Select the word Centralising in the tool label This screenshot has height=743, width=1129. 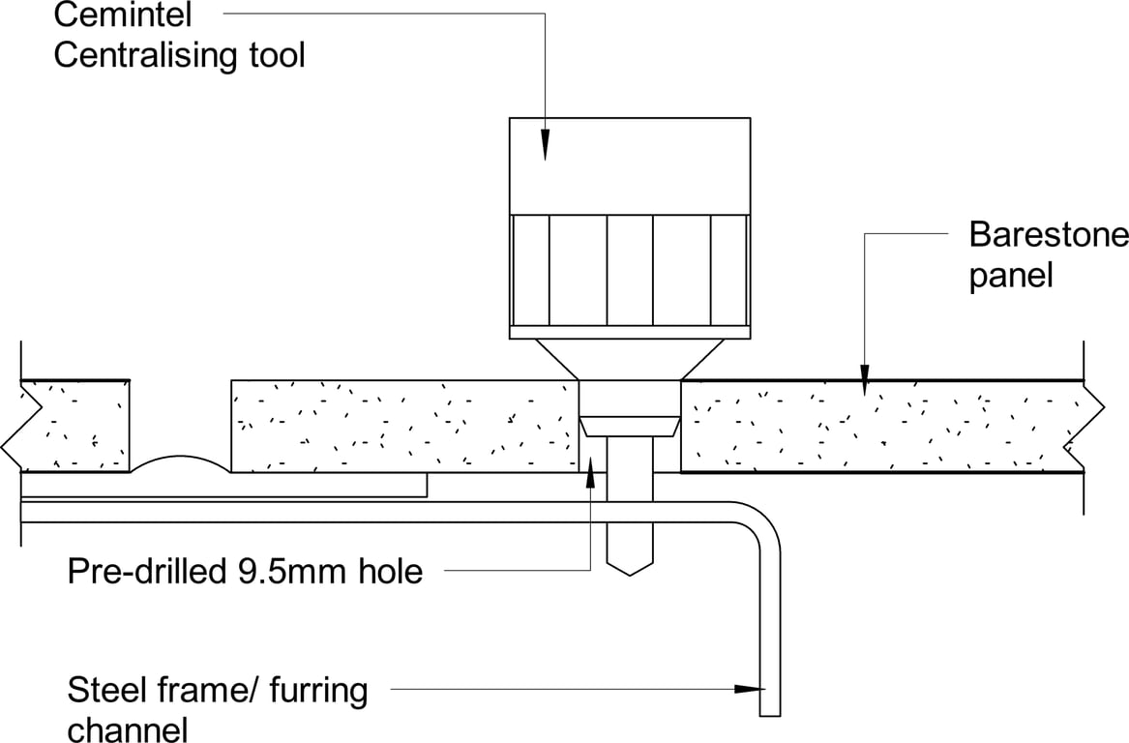[x=142, y=55]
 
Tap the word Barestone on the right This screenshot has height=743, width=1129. [x=1048, y=235]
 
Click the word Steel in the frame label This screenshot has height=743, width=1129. [x=106, y=691]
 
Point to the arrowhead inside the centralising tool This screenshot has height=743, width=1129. [x=545, y=145]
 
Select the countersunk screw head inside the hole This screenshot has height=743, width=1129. [x=629, y=426]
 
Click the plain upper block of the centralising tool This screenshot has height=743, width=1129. [x=630, y=164]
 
